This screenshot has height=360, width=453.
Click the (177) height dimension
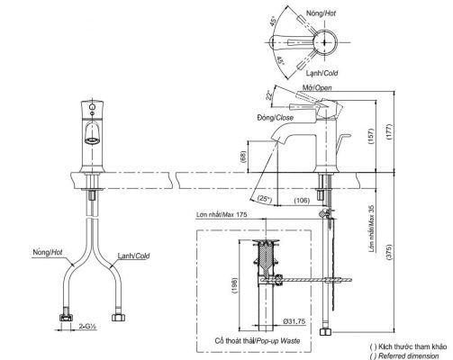pos(389,131)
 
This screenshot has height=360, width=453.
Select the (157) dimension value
pos(371,137)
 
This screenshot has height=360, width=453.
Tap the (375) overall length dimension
pos(389,253)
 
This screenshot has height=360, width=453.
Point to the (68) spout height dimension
pos(243,157)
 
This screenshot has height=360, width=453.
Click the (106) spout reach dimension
pos(302,200)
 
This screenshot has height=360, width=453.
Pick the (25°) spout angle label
pos(265,198)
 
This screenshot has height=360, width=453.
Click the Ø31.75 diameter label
pos(294,321)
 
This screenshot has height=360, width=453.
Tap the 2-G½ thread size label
pos(87,326)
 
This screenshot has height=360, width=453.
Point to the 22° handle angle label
pos(269,95)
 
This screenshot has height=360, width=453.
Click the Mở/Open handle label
pos(317,87)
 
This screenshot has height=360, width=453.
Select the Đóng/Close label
pos(275,118)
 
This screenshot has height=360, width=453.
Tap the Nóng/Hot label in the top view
pos(321,13)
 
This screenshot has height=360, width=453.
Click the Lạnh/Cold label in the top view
pos(322,73)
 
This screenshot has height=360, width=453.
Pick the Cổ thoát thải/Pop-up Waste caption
pos(258,341)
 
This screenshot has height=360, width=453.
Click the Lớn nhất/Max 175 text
pos(222,215)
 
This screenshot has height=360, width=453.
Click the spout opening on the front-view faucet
pos(92,140)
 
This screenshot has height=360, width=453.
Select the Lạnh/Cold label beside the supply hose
pos(133,256)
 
